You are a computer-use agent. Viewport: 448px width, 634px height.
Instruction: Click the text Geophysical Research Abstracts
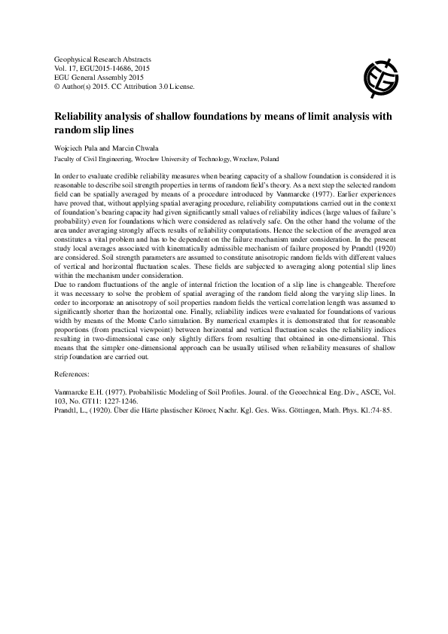(103, 59)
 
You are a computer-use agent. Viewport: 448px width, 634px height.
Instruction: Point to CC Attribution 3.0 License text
(157, 87)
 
